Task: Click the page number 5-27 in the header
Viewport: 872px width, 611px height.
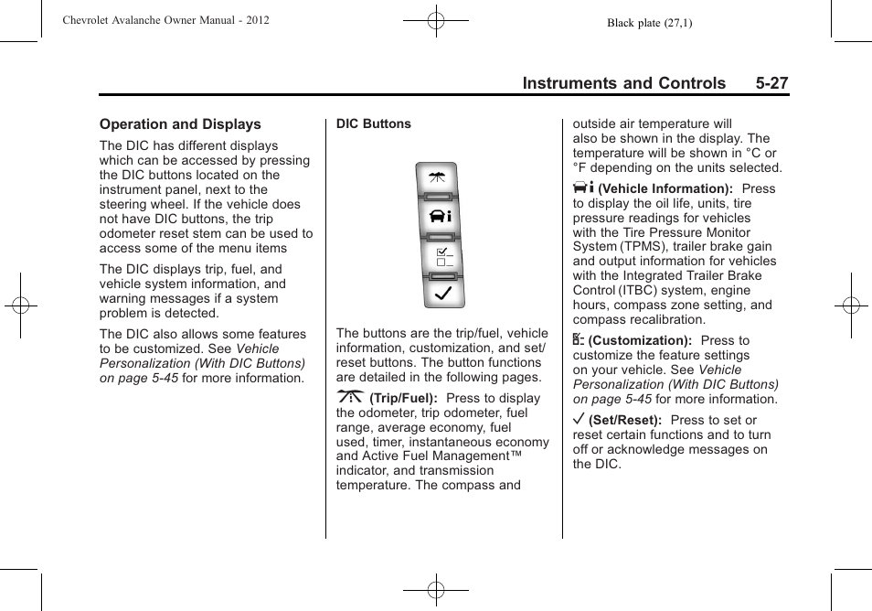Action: [x=771, y=83]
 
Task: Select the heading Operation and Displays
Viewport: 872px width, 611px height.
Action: [x=180, y=124]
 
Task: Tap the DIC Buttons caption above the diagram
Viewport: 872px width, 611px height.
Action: [x=373, y=124]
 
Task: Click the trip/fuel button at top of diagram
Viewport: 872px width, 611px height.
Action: [x=436, y=178]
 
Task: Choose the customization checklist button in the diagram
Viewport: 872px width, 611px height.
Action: [x=436, y=256]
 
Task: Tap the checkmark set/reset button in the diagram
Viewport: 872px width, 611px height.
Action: [x=436, y=294]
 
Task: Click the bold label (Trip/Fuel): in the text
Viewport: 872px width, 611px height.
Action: [x=403, y=399]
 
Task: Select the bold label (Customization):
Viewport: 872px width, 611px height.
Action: [x=640, y=341]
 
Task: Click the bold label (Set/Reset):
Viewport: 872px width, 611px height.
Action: [x=625, y=421]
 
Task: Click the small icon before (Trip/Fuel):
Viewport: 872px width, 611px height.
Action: [x=350, y=398]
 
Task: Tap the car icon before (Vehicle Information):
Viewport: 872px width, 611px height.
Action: [x=583, y=187]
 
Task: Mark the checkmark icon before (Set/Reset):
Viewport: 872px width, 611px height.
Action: [x=579, y=420]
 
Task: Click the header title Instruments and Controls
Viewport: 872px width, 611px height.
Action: [x=623, y=83]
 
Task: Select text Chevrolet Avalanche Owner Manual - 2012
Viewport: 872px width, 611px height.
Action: [x=165, y=20]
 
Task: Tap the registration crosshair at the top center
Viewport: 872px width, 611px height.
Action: [x=436, y=20]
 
